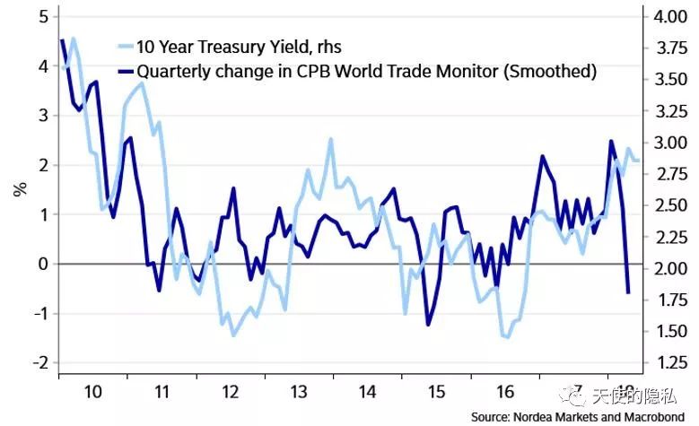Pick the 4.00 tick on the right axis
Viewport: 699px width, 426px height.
pos(666,17)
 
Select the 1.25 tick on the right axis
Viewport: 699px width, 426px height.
pos(666,363)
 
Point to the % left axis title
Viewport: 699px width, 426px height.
pos(19,188)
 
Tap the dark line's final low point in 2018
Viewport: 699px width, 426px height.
pos(628,292)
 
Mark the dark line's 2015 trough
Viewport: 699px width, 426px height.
pos(428,324)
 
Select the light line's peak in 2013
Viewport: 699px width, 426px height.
pos(330,139)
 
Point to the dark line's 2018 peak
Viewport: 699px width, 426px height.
pos(611,141)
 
